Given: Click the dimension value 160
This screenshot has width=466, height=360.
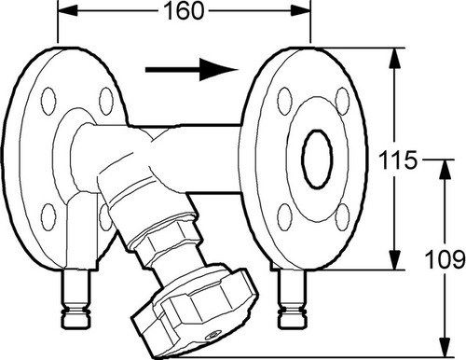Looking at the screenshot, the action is tap(184, 11).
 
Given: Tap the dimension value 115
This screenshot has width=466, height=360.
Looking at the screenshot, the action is tap(398, 159).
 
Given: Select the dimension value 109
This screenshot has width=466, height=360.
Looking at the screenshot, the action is tap(445, 259).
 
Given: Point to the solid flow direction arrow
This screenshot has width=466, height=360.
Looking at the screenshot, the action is tap(192, 70).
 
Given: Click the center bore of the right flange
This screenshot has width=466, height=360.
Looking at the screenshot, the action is tap(318, 159).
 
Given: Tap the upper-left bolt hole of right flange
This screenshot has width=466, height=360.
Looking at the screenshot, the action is tap(284, 102).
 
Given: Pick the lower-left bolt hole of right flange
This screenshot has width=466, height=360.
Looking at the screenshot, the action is tap(284, 217).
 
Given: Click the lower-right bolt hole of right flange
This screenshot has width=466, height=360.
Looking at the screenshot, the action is tap(343, 217).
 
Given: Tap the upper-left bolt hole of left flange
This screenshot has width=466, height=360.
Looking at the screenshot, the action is tap(48, 102).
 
